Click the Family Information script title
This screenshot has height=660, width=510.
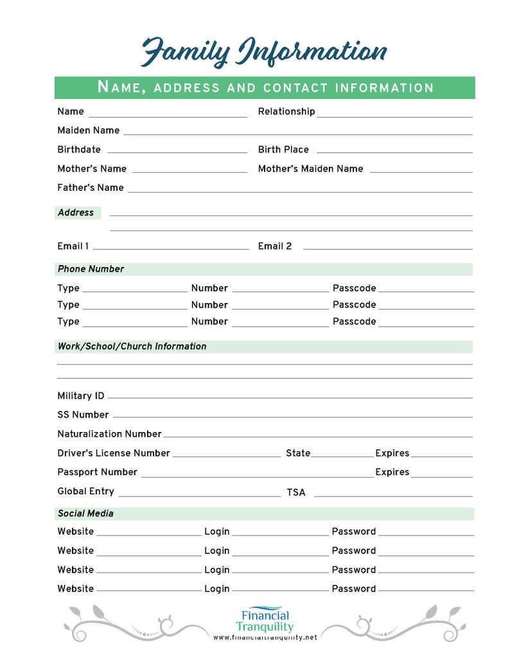click(x=264, y=51)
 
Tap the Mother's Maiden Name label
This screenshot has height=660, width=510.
click(x=310, y=169)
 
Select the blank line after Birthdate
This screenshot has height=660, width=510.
click(x=177, y=152)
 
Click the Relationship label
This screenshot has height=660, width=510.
click(x=286, y=112)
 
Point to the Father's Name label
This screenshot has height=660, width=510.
click(x=90, y=188)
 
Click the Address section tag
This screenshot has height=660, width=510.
click(x=76, y=213)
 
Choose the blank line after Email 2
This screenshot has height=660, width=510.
click(x=387, y=248)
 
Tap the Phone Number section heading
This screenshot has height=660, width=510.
click(x=91, y=269)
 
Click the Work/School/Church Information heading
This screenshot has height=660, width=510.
click(x=132, y=347)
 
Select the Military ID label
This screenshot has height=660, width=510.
click(x=80, y=396)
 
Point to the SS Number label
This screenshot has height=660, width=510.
click(x=83, y=415)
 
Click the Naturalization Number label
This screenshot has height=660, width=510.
click(x=109, y=434)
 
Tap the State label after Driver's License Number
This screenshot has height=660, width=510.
click(x=298, y=453)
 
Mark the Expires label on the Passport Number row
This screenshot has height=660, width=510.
click(x=392, y=473)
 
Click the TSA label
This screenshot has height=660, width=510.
click(x=295, y=493)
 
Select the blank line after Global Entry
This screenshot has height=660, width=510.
click(x=199, y=495)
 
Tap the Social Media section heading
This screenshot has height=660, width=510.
click(x=85, y=514)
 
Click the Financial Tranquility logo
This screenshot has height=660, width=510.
click(x=264, y=619)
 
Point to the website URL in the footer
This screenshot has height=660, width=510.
click(x=265, y=638)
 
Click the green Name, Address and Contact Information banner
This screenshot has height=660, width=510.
click(x=264, y=88)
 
